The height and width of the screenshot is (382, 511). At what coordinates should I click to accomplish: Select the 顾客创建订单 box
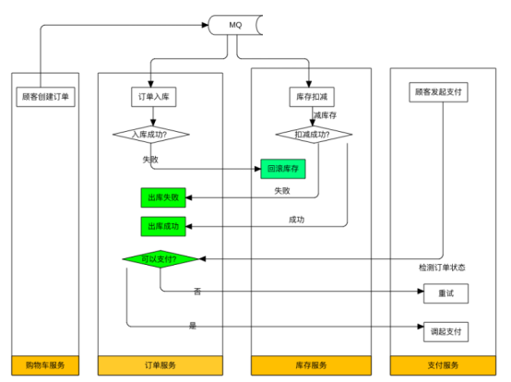[x=45, y=95]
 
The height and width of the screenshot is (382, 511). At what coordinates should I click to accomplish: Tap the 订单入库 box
[x=152, y=95]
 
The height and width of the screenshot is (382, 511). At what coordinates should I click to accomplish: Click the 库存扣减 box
[x=311, y=95]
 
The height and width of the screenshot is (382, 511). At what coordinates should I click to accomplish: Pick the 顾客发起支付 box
[x=439, y=92]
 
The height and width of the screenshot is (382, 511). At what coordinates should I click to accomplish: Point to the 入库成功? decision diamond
[x=152, y=135]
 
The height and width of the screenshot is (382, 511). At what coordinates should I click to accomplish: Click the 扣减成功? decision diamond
[x=315, y=135]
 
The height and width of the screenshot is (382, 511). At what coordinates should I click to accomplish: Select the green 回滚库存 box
[x=285, y=170]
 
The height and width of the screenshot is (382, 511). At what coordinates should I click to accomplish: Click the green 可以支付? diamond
[x=162, y=259]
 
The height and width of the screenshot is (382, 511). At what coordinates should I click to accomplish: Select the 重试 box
[x=446, y=293]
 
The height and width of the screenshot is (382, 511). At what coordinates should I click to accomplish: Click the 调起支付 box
[x=446, y=329]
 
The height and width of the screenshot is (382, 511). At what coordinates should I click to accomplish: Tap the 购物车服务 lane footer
[x=45, y=365]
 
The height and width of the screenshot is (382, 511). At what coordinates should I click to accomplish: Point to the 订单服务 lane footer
[x=160, y=365]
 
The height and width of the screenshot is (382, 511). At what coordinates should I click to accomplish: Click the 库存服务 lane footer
[x=311, y=365]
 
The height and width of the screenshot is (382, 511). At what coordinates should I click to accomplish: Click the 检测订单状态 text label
[x=442, y=268]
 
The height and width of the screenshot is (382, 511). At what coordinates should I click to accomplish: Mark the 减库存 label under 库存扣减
[x=328, y=115]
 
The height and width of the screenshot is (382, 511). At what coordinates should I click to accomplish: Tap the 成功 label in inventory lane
[x=296, y=220]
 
